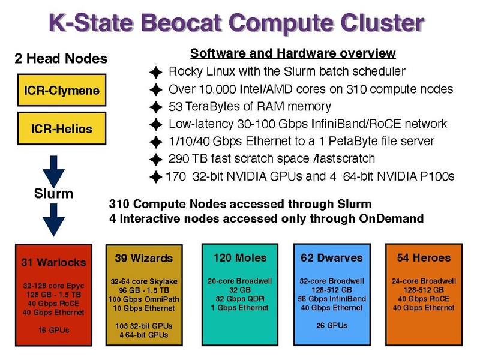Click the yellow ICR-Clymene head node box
(x=62, y=90)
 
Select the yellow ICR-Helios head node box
(x=62, y=128)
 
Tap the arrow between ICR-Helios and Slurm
(x=53, y=171)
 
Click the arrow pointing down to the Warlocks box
(x=53, y=220)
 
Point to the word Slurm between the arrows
(x=53, y=193)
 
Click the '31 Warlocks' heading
(x=53, y=262)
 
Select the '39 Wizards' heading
(x=144, y=258)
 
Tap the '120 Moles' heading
(x=240, y=258)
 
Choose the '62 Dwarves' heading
(x=332, y=258)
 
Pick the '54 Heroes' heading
(x=424, y=258)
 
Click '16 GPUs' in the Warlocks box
(x=54, y=330)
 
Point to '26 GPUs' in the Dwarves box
(x=332, y=325)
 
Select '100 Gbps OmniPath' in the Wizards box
(x=144, y=299)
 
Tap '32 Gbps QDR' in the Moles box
(x=240, y=299)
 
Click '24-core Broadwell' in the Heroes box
(x=424, y=281)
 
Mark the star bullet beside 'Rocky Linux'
(x=156, y=72)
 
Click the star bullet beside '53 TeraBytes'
(x=156, y=107)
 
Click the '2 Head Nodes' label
(x=61, y=58)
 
